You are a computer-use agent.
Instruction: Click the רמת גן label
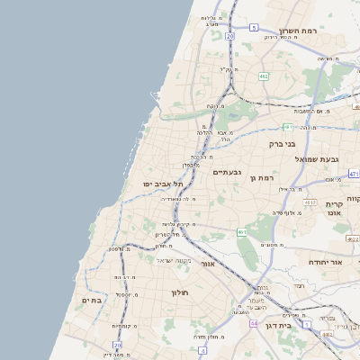click(x=261, y=179)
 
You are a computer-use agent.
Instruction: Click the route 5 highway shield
click(x=255, y=28)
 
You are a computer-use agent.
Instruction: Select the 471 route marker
click(x=354, y=174)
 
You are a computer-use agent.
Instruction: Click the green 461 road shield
click(x=242, y=232)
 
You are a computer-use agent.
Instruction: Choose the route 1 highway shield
click(x=307, y=323)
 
